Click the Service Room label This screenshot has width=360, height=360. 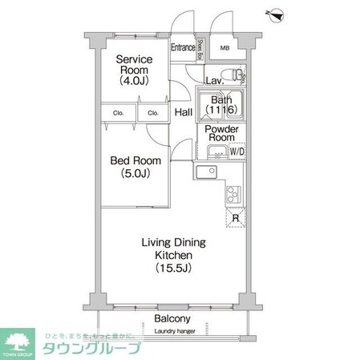[133, 70]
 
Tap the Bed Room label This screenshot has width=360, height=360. [133, 166]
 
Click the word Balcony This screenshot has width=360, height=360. [174, 318]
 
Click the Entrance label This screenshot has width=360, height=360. [184, 47]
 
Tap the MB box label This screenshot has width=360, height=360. [225, 48]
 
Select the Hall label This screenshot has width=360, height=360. [184, 113]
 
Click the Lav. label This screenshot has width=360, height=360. [214, 82]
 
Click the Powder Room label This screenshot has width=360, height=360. [220, 133]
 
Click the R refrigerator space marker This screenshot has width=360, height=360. [236, 217]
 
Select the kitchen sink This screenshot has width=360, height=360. [207, 171]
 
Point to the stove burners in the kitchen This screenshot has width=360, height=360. [234, 193]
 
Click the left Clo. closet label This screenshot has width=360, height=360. [117, 114]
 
